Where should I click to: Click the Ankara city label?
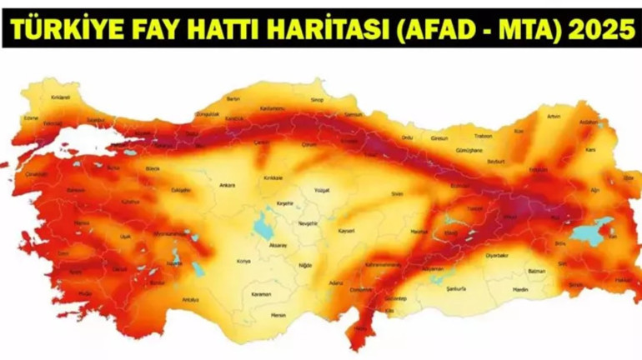227,185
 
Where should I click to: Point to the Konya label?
243,261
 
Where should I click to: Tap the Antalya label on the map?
191,299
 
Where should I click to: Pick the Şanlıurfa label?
456,288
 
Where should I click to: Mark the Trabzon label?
483,136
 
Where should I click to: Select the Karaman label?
263,295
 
